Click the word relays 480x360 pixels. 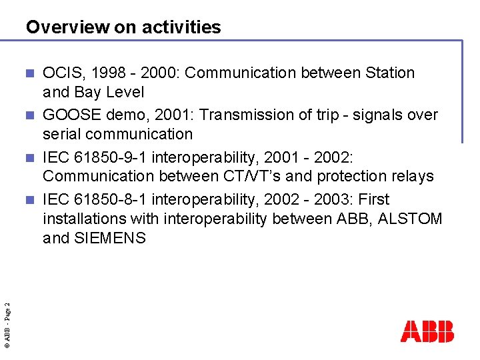(413, 177)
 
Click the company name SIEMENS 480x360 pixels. (109, 238)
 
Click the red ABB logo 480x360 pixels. (427, 331)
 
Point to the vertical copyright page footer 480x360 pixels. (7, 324)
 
